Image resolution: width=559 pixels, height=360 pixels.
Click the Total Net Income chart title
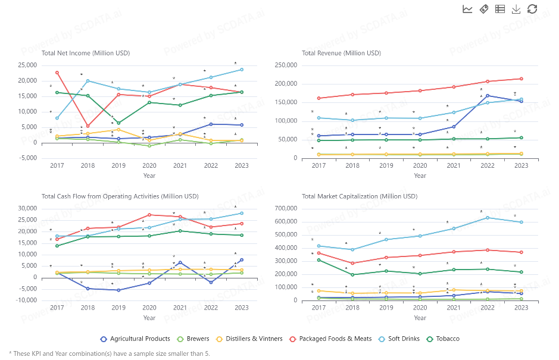86,53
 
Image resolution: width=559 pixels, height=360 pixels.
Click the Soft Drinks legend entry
398,339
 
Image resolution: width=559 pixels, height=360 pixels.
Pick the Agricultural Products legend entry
136,339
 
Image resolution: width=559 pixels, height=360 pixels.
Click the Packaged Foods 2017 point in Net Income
57,73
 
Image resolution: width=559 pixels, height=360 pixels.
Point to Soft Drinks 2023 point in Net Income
242,70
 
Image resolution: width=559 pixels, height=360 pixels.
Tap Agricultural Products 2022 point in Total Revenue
488,95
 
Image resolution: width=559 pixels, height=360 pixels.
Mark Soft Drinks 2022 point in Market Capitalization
488,217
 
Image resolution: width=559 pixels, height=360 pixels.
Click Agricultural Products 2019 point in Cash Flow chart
118,290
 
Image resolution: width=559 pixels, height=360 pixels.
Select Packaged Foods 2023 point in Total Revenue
521,79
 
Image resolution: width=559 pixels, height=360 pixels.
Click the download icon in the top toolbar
516,9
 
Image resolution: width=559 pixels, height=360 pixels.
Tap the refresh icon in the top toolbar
532,9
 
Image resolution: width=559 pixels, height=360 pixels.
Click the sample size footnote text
110,353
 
